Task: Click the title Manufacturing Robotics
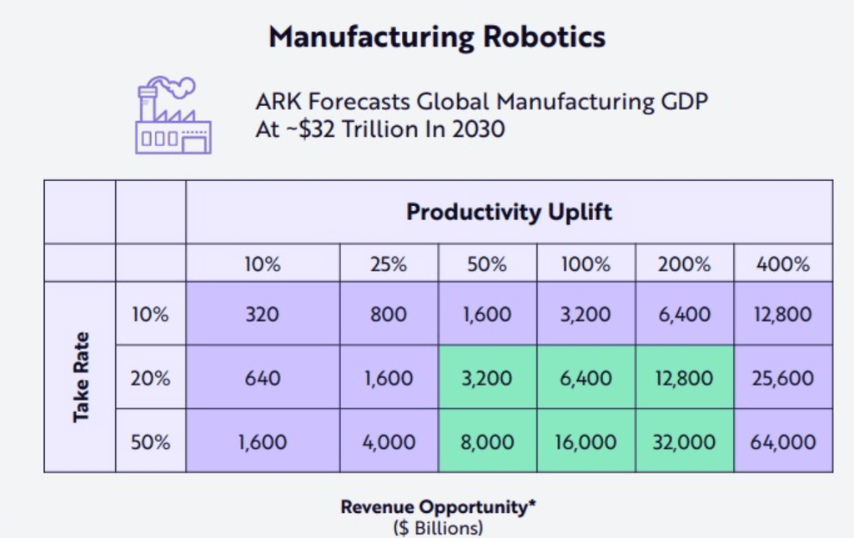click(x=437, y=36)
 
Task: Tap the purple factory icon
click(x=173, y=115)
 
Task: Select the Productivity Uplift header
click(x=509, y=212)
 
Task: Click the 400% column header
click(x=783, y=264)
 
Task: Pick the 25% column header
click(x=388, y=264)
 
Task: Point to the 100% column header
click(x=585, y=264)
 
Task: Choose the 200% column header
click(x=685, y=264)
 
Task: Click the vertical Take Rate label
click(x=81, y=377)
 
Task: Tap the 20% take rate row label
click(x=150, y=378)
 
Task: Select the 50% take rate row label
click(x=150, y=441)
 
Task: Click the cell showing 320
click(x=262, y=314)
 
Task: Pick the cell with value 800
click(x=389, y=314)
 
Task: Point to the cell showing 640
click(x=262, y=378)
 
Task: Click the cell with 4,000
click(x=389, y=441)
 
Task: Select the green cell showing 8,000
click(x=487, y=441)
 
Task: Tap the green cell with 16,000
click(x=585, y=441)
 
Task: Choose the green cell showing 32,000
click(x=685, y=441)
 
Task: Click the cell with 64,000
click(x=783, y=441)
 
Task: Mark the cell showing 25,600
click(x=783, y=378)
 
